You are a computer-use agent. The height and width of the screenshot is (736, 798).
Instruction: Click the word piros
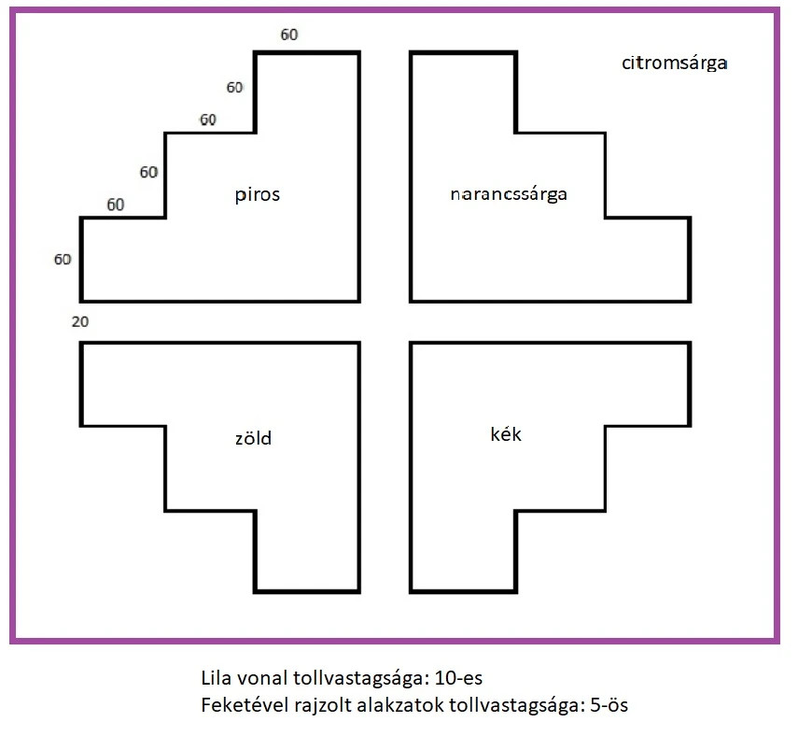pos(258,195)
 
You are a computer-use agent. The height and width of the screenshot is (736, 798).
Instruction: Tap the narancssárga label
pos(509,195)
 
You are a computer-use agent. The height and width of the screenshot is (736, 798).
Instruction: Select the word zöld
pos(253,437)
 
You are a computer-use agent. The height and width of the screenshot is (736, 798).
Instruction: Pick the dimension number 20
pos(80,321)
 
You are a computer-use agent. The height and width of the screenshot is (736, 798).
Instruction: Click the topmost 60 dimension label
pos(289,35)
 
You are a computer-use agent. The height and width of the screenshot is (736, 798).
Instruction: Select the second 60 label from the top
pos(234,88)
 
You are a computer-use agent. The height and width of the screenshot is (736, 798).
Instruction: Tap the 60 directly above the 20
pos(63,259)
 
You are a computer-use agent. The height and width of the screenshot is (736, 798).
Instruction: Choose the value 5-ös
pos(609,705)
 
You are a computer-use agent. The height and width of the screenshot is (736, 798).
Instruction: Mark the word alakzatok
pos(396,705)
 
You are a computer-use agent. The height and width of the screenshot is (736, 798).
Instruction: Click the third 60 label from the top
pos(207,120)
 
